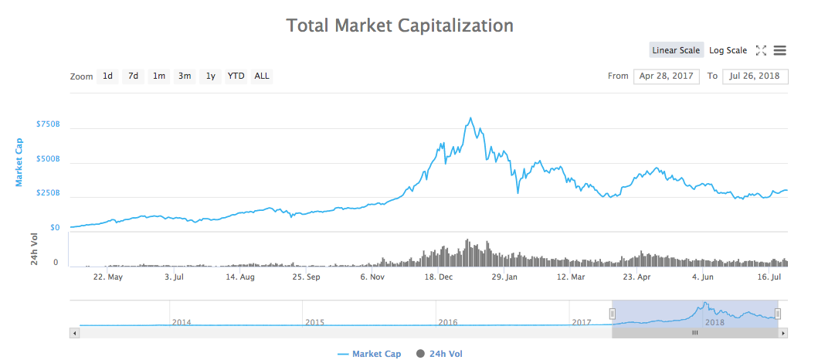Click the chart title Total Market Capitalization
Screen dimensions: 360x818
[x=399, y=25]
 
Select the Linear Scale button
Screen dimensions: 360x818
[x=676, y=50]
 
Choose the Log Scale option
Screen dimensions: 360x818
[x=728, y=50]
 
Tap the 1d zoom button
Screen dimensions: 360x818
[x=108, y=76]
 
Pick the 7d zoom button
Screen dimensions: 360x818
[x=134, y=76]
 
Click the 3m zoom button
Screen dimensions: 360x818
[x=185, y=76]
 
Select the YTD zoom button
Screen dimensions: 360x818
[x=236, y=76]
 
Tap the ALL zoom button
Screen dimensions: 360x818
[x=262, y=76]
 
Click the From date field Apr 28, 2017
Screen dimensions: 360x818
[x=666, y=76]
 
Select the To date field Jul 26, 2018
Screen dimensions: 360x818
[x=755, y=76]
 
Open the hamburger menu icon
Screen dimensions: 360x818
[x=779, y=50]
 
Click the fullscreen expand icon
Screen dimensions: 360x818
[x=761, y=50]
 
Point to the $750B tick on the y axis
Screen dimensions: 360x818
[x=48, y=124]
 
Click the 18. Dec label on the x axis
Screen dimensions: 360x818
[x=440, y=276]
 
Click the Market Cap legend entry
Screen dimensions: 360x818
[x=369, y=354]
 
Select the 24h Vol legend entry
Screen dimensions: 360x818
[x=440, y=354]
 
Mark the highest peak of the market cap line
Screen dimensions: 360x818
[x=470, y=118]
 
